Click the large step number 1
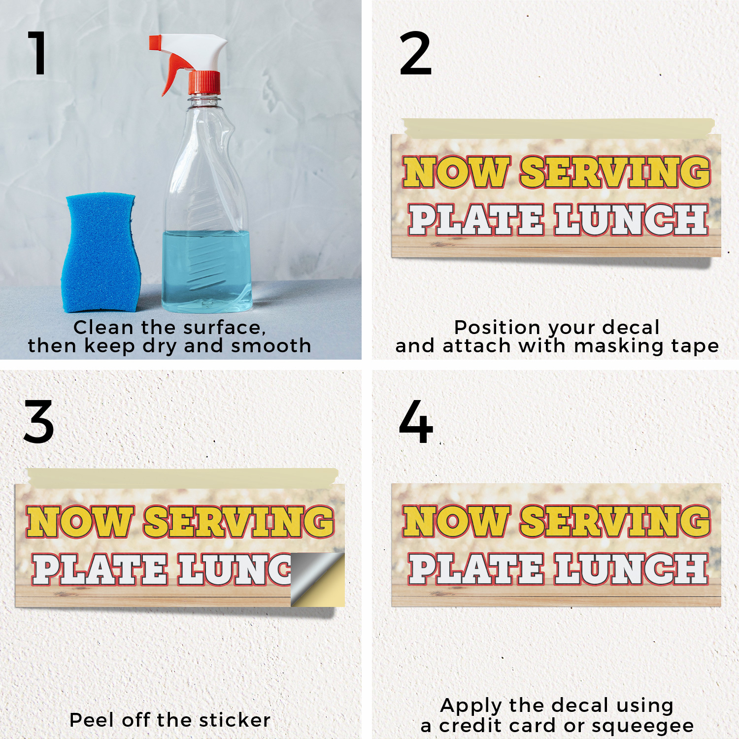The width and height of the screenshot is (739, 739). (38, 53)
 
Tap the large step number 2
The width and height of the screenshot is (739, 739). (415, 53)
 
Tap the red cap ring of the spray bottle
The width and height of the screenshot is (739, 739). (204, 82)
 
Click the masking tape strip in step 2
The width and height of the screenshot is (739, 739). (558, 128)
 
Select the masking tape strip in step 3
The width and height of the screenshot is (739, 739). (183, 478)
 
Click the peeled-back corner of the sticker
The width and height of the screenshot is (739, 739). (317, 579)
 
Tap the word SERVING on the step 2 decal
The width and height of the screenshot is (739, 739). (615, 172)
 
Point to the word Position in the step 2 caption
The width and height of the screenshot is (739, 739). (497, 327)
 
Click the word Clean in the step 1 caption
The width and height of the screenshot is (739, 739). (103, 327)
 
